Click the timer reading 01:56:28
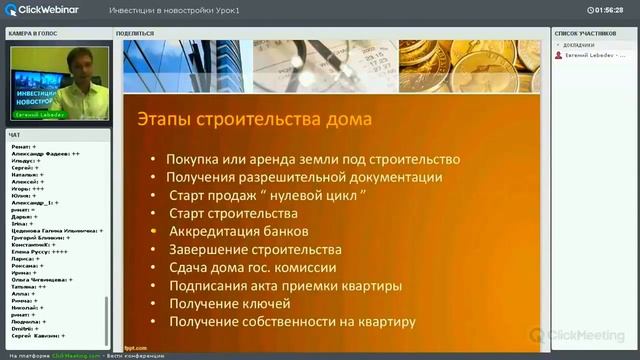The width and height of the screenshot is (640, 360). coord(606,9)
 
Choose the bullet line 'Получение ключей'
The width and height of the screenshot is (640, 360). coord(229,303)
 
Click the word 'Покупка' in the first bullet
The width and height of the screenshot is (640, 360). coord(190,159)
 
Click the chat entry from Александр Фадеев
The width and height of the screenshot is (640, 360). coord(46,153)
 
